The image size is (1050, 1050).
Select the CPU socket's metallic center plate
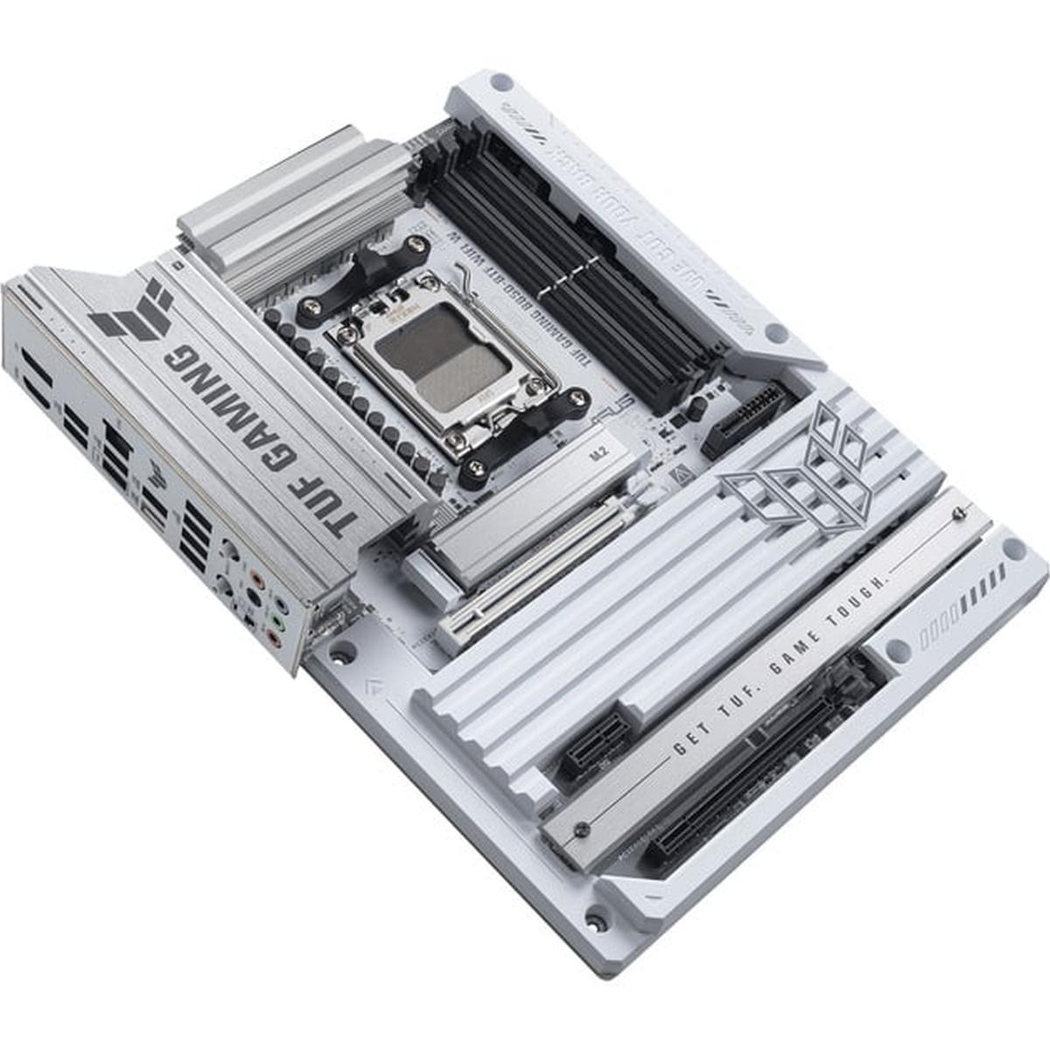pos(443,360)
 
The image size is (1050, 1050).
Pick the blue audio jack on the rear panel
pos(279,604)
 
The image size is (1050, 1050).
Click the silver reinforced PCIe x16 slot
pos(525,569)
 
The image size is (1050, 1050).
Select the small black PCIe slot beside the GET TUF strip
pos(595,748)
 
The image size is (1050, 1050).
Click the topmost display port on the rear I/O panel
pos(35,368)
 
